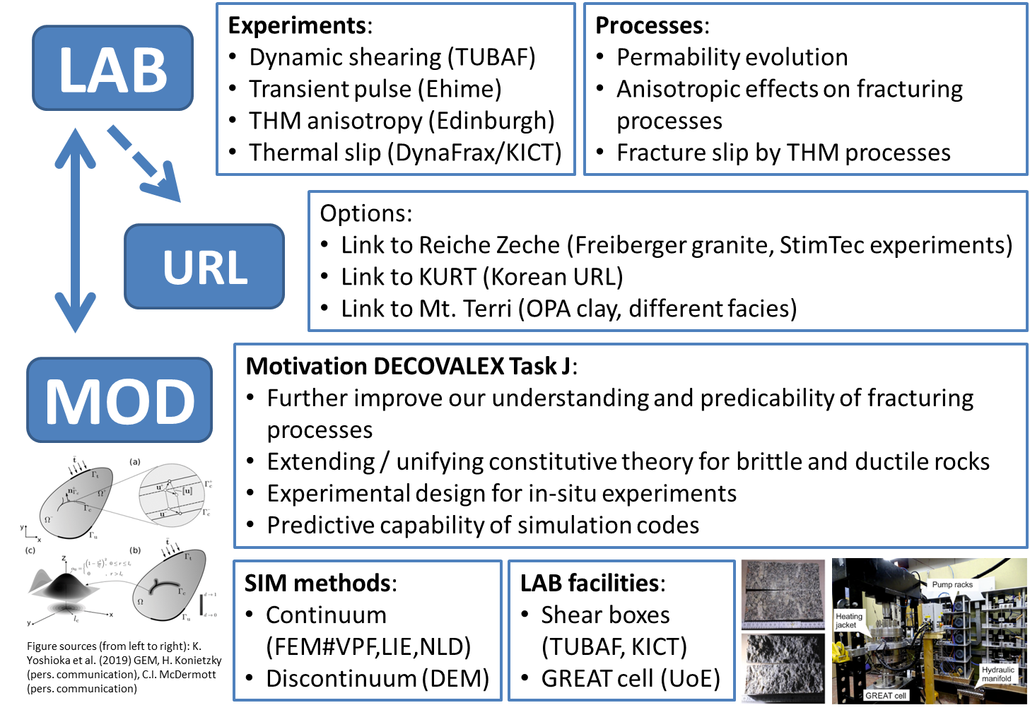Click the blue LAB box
coord(113,69)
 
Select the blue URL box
coord(204,266)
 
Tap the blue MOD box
coord(119,400)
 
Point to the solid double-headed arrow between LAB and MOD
coord(76,230)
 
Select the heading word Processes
coord(650,25)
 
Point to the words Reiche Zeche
coord(489,245)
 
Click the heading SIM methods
coord(318,583)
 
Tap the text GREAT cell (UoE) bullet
coord(631,678)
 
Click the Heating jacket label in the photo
coord(848,620)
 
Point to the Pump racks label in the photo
coord(952,584)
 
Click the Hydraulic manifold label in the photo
coord(997,674)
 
